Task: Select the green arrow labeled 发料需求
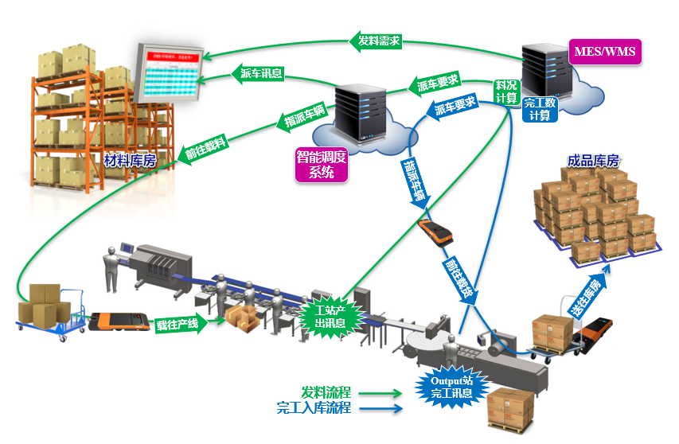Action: (377, 40)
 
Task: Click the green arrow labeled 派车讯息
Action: (261, 74)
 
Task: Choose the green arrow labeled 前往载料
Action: (202, 148)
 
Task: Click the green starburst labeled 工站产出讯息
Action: (329, 317)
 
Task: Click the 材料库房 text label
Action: (130, 160)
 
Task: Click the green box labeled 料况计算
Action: (506, 92)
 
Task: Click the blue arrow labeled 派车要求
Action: (453, 107)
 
